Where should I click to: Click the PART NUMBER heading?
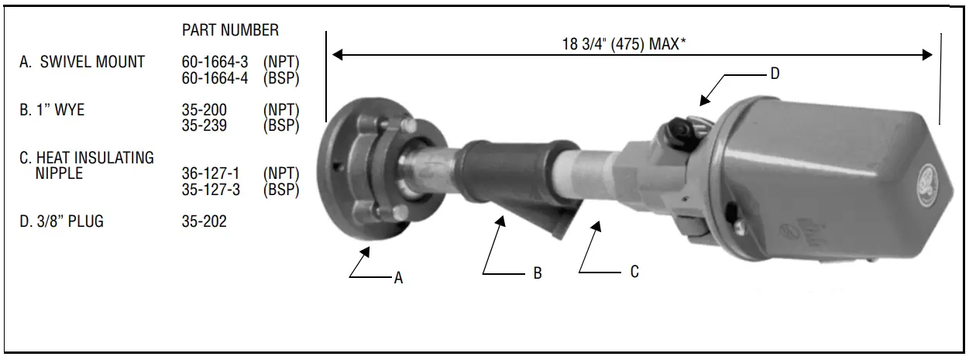pos(230,30)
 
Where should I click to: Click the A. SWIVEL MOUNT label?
pos(82,63)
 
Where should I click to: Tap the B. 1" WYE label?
pos(52,110)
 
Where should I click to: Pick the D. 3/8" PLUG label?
pos(61,222)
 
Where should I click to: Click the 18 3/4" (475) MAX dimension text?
pos(624,44)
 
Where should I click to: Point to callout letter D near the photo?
pos(775,74)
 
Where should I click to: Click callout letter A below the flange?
pos(398,279)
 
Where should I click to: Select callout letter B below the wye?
pos(538,273)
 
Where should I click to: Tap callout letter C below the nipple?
pos(634,273)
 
